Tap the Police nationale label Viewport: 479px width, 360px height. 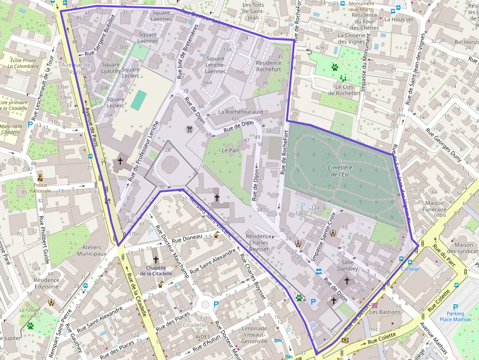(x=40, y=188)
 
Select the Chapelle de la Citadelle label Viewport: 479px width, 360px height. (x=156, y=271)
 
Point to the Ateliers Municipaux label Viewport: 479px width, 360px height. (x=88, y=251)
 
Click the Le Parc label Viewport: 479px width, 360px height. (x=231, y=150)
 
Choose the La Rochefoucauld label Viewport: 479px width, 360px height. (x=240, y=112)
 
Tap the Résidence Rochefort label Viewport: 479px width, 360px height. (x=268, y=66)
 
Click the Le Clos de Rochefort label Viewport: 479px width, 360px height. (x=344, y=90)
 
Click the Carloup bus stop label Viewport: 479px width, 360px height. (x=410, y=269)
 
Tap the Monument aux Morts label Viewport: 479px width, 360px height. (x=361, y=6)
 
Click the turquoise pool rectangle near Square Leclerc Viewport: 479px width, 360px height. (x=138, y=100)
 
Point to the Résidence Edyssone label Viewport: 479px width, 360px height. (x=47, y=283)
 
